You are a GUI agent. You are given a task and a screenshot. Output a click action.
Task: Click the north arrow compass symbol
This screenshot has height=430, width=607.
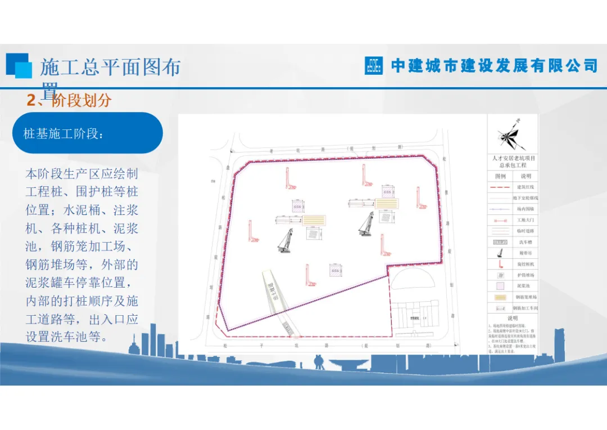click(511, 136)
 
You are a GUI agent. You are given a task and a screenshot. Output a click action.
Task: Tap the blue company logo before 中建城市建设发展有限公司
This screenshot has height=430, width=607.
click(374, 65)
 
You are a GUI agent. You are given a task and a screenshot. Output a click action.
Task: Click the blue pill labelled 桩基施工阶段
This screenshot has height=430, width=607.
click(87, 133)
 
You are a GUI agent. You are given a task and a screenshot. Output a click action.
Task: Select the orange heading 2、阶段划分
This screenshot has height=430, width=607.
click(69, 101)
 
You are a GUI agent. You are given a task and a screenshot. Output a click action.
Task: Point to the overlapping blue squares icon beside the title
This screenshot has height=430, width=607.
click(19, 65)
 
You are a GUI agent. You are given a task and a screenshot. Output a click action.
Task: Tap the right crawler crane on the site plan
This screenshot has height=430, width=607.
click(366, 223)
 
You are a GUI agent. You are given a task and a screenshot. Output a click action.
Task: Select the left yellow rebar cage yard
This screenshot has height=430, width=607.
click(314, 221)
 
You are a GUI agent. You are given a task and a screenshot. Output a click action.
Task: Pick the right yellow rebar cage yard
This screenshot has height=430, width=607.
click(387, 203)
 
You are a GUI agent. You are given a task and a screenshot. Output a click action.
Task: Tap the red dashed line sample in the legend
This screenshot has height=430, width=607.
click(500, 187)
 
